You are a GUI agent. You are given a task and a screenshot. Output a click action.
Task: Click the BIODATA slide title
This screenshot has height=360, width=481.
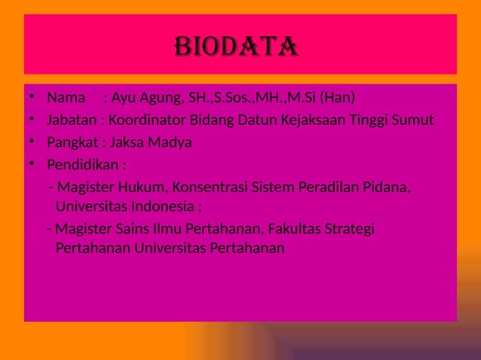(x=236, y=48)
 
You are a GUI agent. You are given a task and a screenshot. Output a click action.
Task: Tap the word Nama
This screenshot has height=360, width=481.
(x=66, y=98)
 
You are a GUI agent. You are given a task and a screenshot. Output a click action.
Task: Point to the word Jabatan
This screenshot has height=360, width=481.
(x=71, y=120)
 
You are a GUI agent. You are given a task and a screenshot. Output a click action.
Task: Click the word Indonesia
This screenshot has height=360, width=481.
(x=158, y=206)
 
